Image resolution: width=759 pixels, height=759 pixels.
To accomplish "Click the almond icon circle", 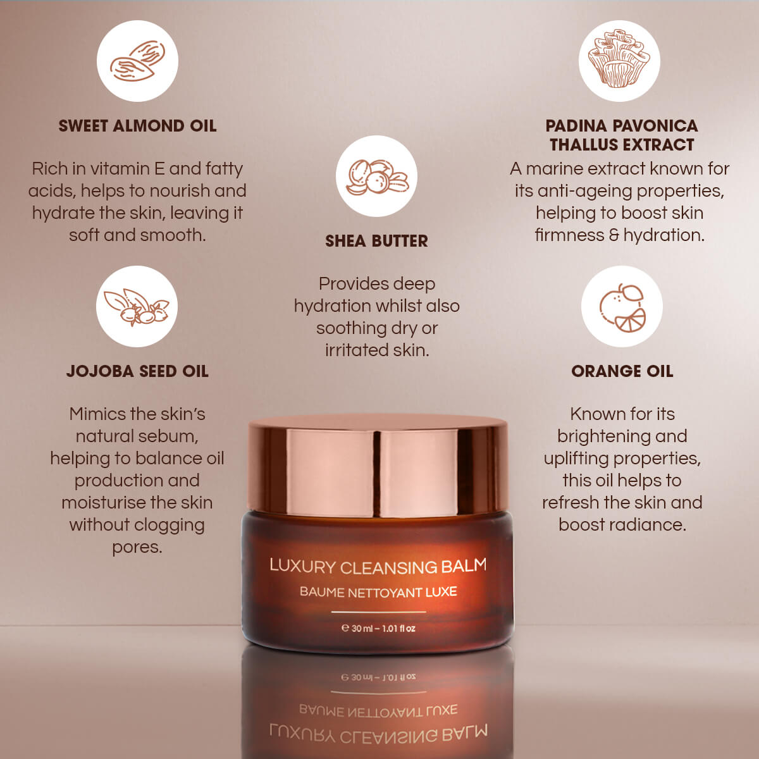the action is tap(137, 61).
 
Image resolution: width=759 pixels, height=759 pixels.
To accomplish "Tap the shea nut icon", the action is tap(376, 176).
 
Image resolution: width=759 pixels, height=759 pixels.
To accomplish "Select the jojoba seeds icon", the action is tap(137, 306).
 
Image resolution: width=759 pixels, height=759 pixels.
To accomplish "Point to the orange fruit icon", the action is tap(622, 306).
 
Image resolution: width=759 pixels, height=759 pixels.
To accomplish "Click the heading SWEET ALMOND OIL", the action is tap(137, 126).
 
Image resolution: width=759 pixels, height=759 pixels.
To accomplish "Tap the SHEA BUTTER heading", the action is tap(376, 241).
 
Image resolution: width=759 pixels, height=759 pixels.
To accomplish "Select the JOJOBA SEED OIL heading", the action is tap(137, 371).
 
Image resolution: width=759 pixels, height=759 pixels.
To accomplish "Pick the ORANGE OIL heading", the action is tap(622, 371).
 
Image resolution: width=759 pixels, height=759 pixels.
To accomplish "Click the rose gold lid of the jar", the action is tap(378, 467).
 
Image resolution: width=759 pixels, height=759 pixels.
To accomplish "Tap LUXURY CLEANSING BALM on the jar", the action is tap(378, 566).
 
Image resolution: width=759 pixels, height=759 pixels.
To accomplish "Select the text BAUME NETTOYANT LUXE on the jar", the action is tap(378, 592).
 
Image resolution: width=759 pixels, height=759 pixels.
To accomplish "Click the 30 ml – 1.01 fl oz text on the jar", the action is tap(378, 628).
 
